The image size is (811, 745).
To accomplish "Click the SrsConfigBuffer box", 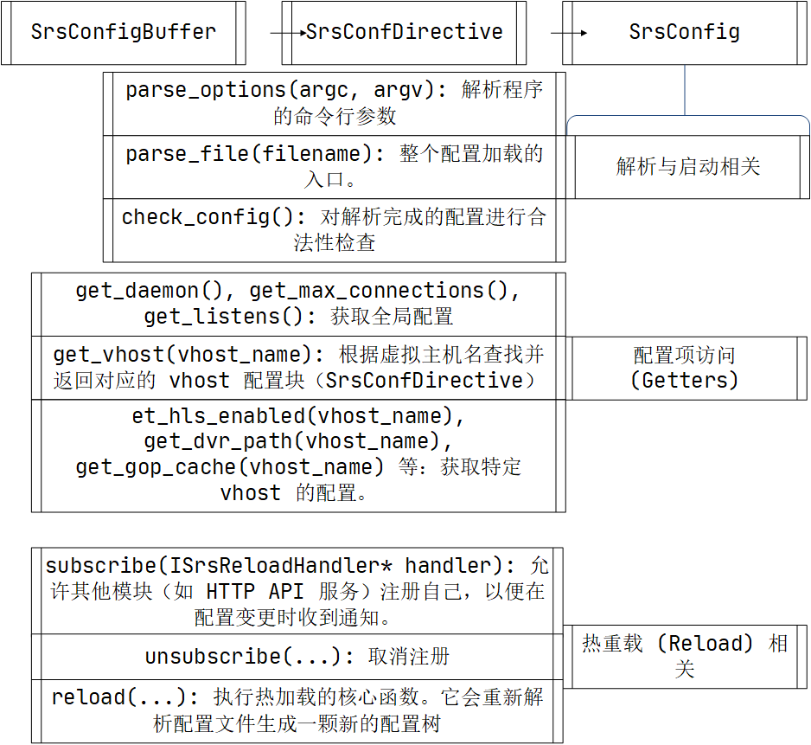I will [123, 33].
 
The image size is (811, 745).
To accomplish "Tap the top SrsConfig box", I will [684, 33].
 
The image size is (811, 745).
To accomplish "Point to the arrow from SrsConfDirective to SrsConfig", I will [569, 34].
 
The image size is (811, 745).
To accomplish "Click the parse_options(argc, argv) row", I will [335, 103].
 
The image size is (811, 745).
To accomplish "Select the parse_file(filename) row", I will [335, 166].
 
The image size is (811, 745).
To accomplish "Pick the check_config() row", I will [335, 229].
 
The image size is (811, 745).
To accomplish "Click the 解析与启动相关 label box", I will [688, 166].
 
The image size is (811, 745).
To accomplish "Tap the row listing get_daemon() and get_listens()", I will [298, 304].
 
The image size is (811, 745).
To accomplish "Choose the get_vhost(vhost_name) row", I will [298, 368].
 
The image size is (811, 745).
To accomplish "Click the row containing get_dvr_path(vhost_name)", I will [298, 455].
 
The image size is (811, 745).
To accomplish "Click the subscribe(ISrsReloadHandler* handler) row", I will [297, 591].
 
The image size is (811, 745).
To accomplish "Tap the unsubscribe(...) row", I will [297, 657].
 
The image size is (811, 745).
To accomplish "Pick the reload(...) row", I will [297, 710].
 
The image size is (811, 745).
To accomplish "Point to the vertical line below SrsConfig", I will [685, 90].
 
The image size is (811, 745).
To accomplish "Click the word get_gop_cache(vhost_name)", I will [229, 467].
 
